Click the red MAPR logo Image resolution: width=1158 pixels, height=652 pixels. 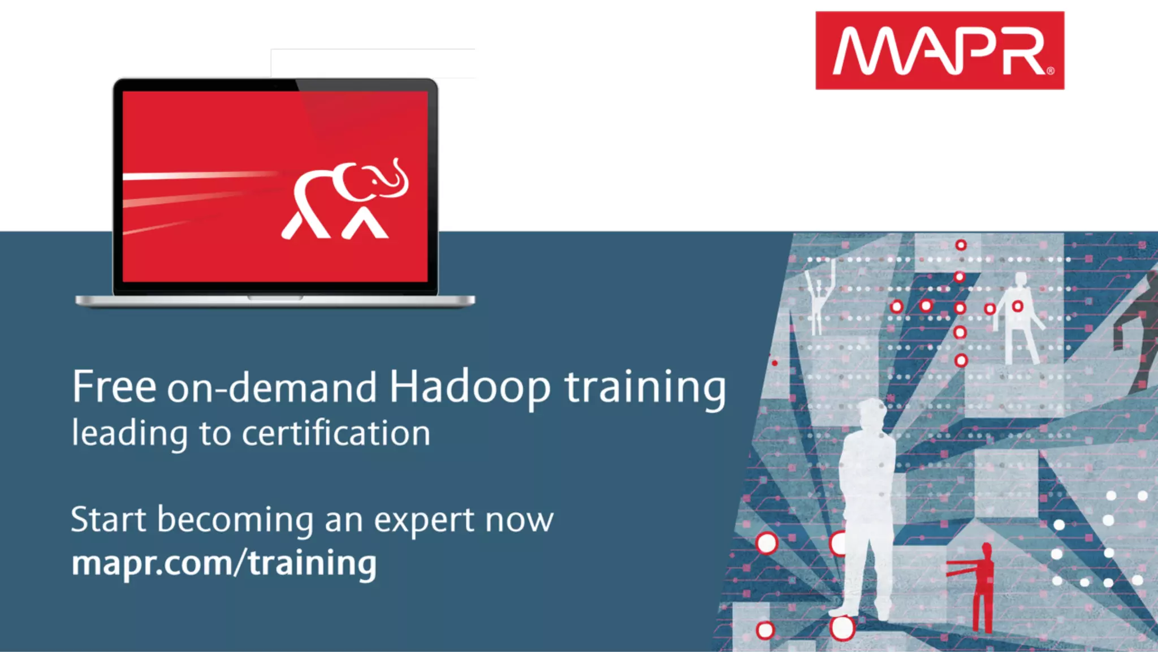pyautogui.click(x=939, y=50)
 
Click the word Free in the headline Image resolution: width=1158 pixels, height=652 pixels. pyautogui.click(x=114, y=387)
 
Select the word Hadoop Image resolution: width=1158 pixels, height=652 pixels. pyautogui.click(x=469, y=388)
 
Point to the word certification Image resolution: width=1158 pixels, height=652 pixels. pyautogui.click(x=336, y=434)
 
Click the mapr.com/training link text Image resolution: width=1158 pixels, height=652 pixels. pyautogui.click(x=224, y=563)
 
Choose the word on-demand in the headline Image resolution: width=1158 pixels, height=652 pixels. pyautogui.click(x=271, y=388)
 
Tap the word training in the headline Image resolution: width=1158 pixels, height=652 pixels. pyautogui.click(x=645, y=388)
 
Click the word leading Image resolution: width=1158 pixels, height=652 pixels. pyautogui.click(x=129, y=434)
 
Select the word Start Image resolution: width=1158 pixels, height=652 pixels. pyautogui.click(x=108, y=520)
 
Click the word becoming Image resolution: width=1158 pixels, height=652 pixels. pyautogui.click(x=235, y=520)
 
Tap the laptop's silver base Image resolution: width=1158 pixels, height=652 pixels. pyautogui.click(x=275, y=301)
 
